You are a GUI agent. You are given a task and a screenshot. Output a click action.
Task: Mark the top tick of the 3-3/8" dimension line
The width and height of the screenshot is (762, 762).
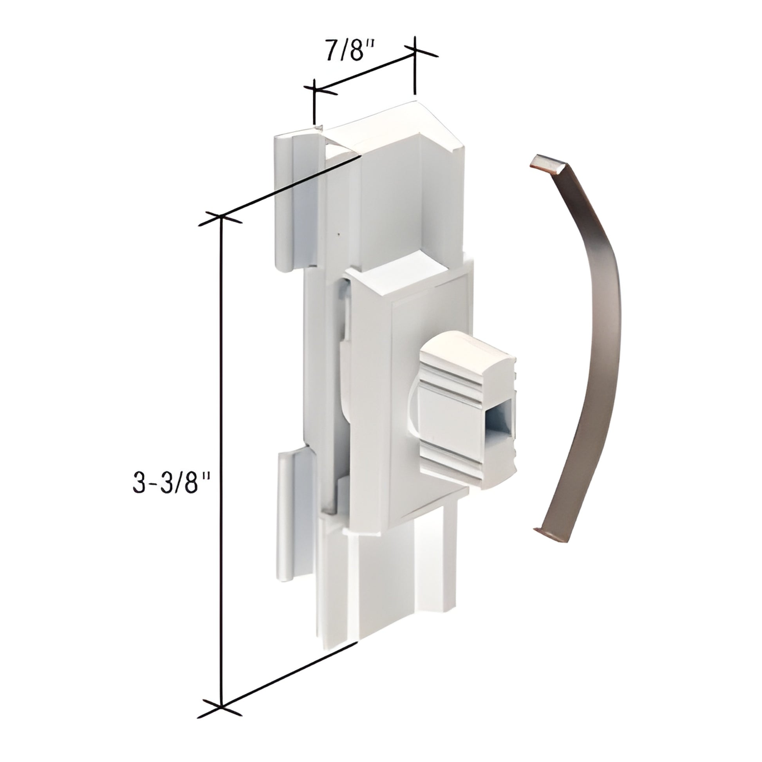click(221, 217)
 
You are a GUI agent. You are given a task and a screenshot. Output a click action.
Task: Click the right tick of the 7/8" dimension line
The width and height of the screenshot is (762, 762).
click(414, 51)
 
